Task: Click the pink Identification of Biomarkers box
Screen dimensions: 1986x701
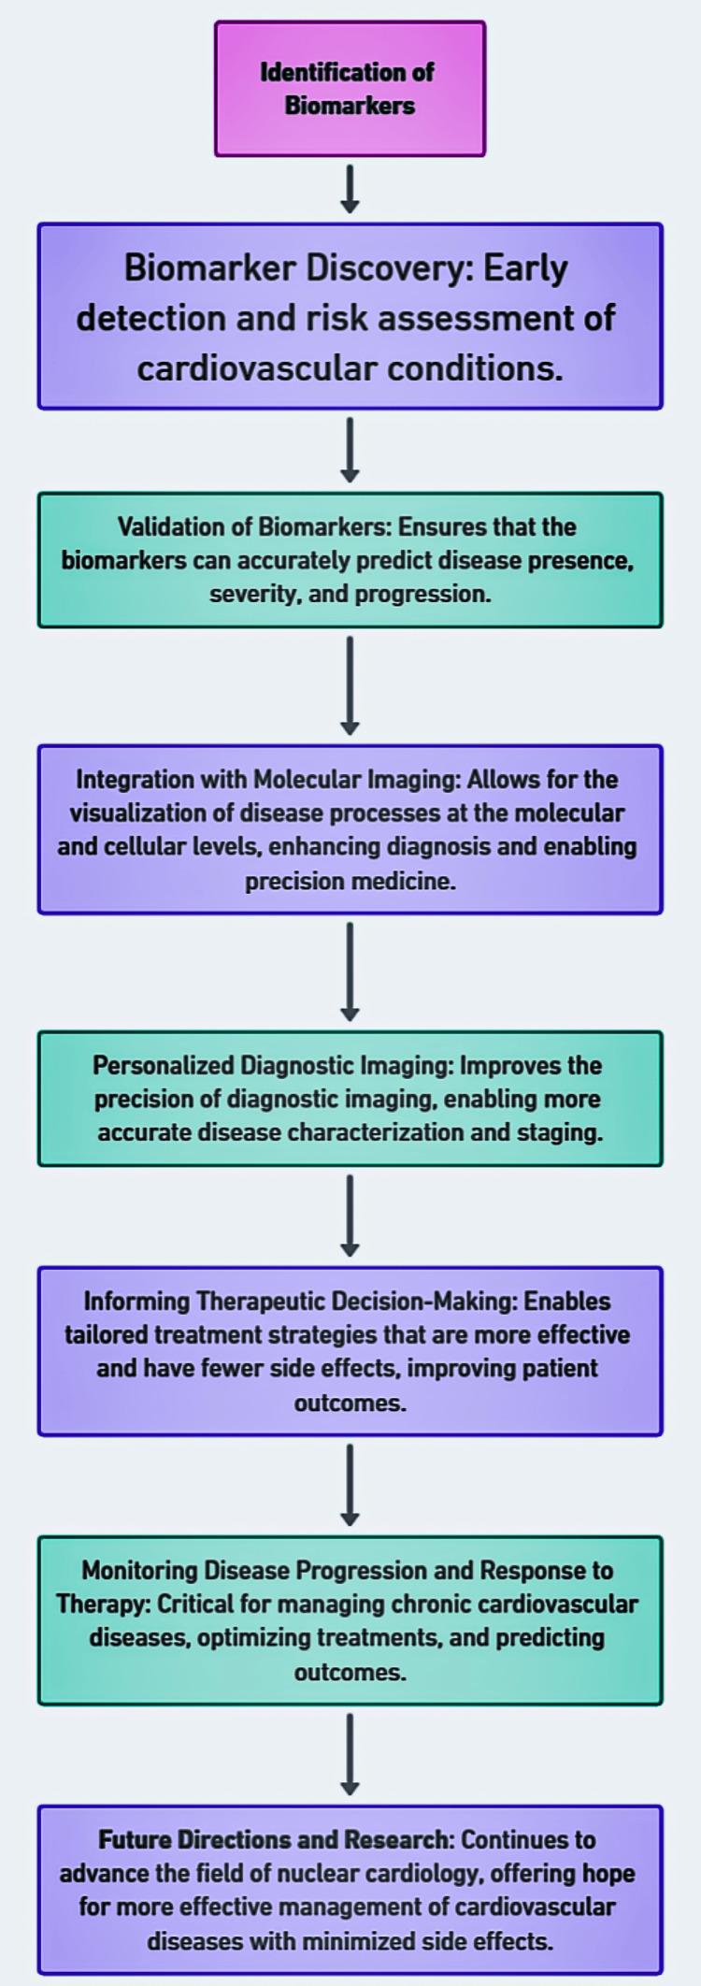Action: click(350, 89)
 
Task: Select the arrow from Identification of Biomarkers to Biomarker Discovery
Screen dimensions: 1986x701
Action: click(350, 189)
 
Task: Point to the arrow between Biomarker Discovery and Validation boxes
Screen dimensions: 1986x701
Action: click(350, 450)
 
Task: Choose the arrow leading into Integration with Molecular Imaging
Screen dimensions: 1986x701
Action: click(350, 685)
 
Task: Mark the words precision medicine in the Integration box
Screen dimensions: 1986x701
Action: click(350, 881)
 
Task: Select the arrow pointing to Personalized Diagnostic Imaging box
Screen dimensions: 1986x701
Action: click(350, 971)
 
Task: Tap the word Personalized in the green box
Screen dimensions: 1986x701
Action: click(164, 1065)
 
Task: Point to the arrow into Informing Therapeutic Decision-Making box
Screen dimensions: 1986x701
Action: click(350, 1216)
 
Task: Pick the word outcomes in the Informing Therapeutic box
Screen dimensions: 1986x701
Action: click(350, 1403)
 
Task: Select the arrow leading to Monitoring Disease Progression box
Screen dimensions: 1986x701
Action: click(350, 1485)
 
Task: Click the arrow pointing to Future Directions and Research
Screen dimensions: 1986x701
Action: click(350, 1754)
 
